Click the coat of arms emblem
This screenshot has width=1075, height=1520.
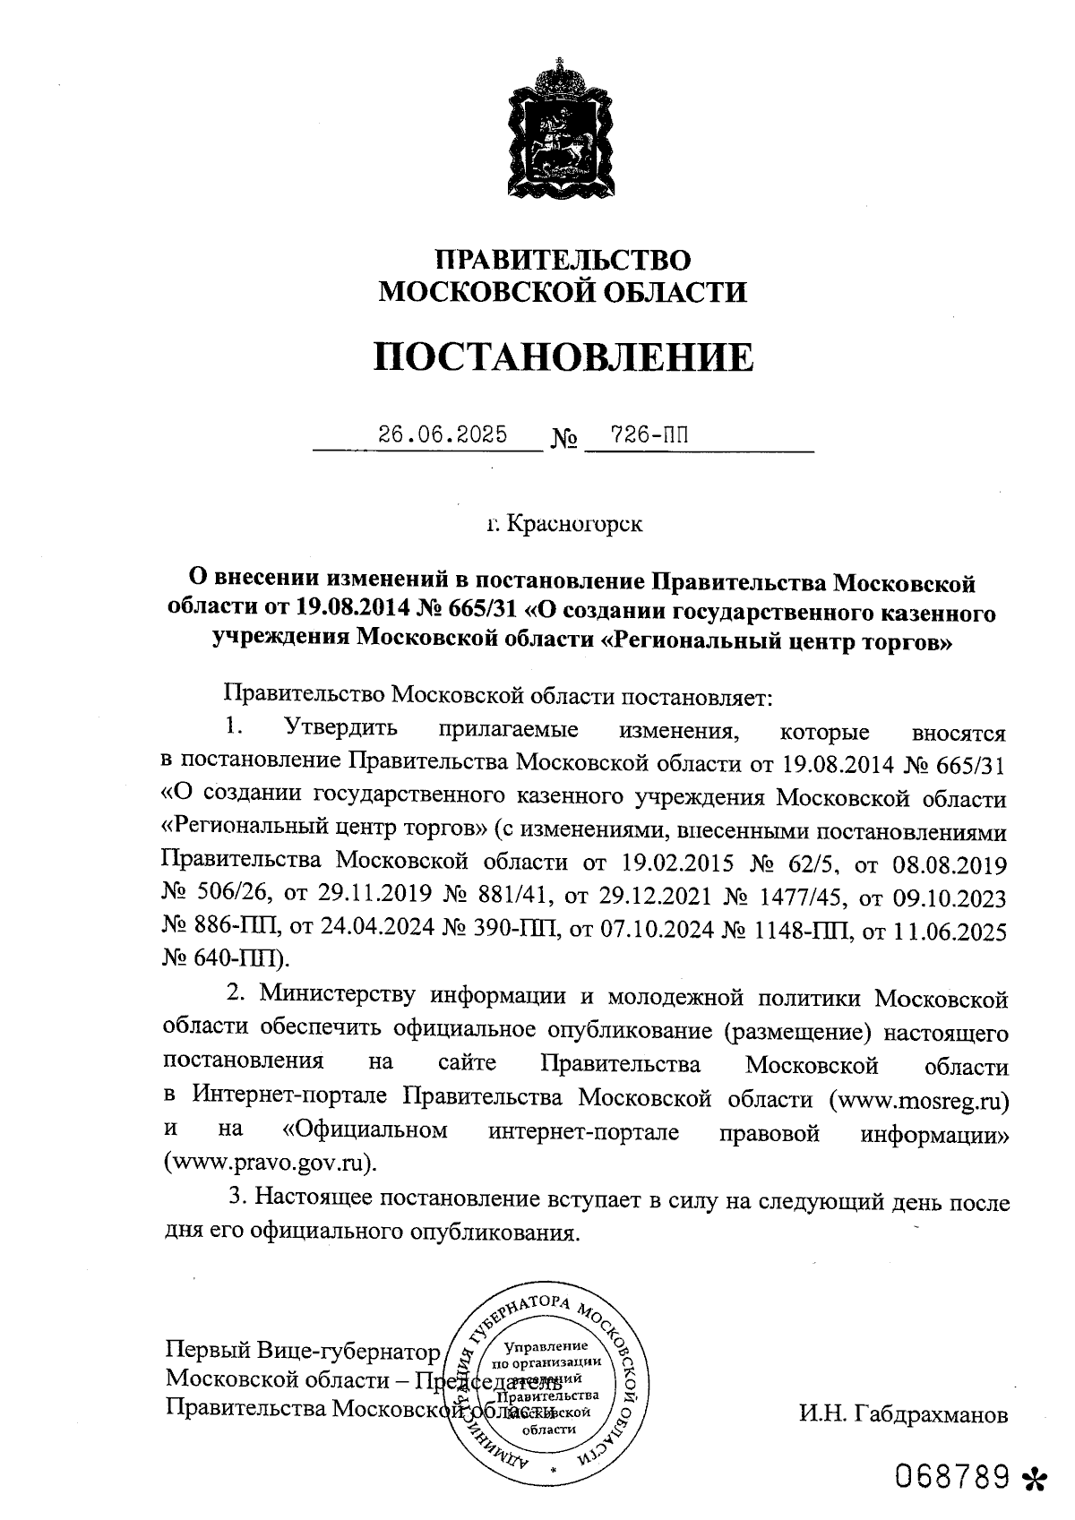tap(563, 132)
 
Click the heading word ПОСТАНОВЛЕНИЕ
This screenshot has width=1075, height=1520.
tap(563, 357)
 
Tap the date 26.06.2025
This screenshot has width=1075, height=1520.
tap(443, 435)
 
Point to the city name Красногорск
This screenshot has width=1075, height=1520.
tap(574, 524)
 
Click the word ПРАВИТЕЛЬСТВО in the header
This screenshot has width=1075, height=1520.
tap(563, 260)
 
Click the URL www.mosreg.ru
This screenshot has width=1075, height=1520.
tap(917, 1099)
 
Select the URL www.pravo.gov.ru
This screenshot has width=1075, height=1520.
tap(269, 1164)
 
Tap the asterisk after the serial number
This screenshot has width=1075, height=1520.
tap(1035, 1479)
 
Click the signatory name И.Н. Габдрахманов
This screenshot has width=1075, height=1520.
tap(903, 1416)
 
